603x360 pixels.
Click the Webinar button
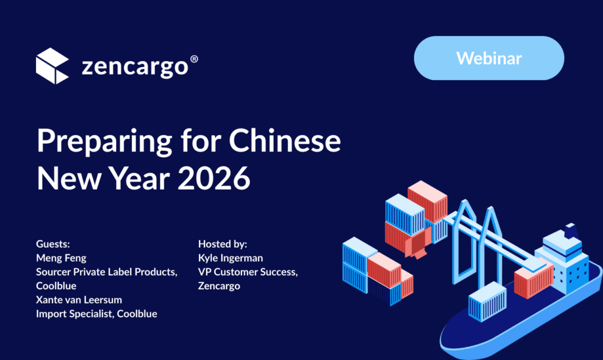tap(489, 58)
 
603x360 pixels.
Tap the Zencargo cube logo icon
tap(52, 66)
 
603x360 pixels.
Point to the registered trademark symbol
tap(194, 60)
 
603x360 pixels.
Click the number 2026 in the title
tap(214, 178)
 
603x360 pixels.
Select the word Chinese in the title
tap(284, 141)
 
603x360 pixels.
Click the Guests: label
tap(53, 244)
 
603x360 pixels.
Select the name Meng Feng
tap(61, 258)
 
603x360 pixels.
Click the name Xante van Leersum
tap(79, 300)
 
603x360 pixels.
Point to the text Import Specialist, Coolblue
tap(97, 314)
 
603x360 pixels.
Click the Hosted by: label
tap(223, 244)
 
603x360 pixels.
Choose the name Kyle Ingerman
tap(230, 258)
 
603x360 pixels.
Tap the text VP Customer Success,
tap(248, 272)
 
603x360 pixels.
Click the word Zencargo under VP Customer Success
tap(219, 286)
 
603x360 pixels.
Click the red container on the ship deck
tap(534, 281)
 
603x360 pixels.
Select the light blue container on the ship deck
tap(487, 301)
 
